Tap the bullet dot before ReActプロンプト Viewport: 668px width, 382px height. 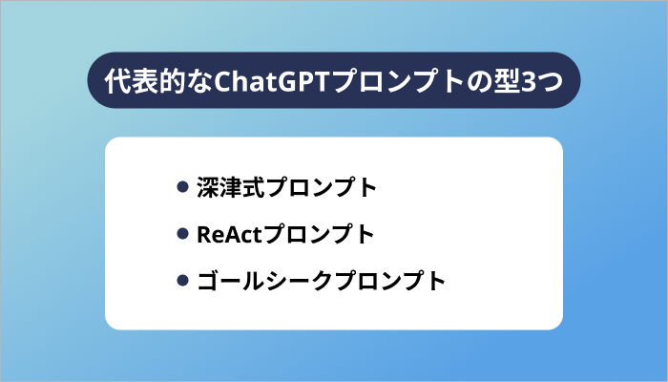click(x=182, y=234)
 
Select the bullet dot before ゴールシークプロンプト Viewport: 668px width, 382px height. click(x=182, y=281)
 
